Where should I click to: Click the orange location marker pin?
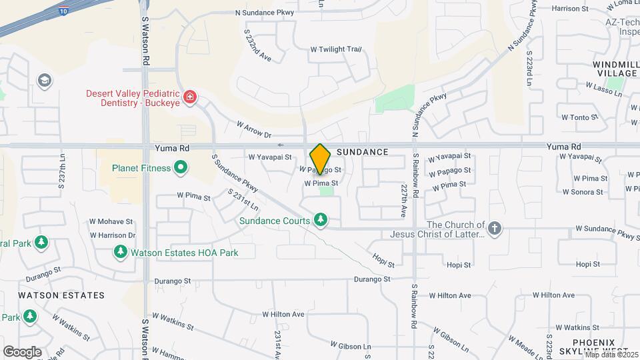click(x=320, y=159)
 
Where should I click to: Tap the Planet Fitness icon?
click(x=180, y=168)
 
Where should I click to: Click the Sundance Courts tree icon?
click(x=321, y=220)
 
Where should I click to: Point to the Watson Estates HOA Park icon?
click(x=121, y=252)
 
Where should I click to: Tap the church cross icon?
click(x=494, y=229)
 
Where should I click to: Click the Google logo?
click(x=22, y=351)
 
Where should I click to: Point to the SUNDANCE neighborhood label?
click(x=362, y=152)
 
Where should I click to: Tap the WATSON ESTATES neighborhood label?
click(x=61, y=295)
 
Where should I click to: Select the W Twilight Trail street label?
click(x=336, y=49)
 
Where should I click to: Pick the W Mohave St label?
click(x=111, y=221)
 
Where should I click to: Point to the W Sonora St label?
click(x=583, y=192)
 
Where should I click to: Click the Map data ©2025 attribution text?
click(x=611, y=354)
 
